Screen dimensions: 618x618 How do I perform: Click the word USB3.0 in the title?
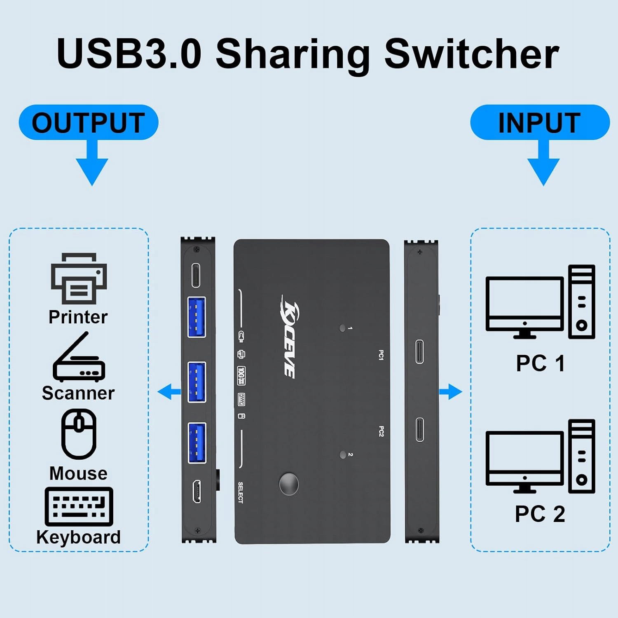tap(129, 54)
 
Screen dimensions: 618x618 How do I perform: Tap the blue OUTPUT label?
tap(88, 123)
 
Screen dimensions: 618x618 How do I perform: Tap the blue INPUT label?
tap(539, 123)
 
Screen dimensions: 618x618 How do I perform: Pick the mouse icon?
tap(79, 434)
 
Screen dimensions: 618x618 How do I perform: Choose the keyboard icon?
tap(79, 506)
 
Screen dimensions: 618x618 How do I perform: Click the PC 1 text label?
tap(540, 363)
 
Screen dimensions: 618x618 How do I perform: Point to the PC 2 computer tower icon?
tap(581, 456)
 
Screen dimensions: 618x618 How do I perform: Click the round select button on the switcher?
tap(289, 484)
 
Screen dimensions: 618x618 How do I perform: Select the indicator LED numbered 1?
tap(342, 328)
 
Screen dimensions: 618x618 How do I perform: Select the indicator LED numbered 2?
tap(342, 455)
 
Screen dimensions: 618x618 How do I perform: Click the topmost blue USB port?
tap(197, 317)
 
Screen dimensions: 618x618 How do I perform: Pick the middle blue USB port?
tap(197, 382)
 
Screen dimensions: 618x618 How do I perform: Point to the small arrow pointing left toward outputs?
tap(169, 391)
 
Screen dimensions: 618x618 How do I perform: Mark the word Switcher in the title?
tap(472, 54)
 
